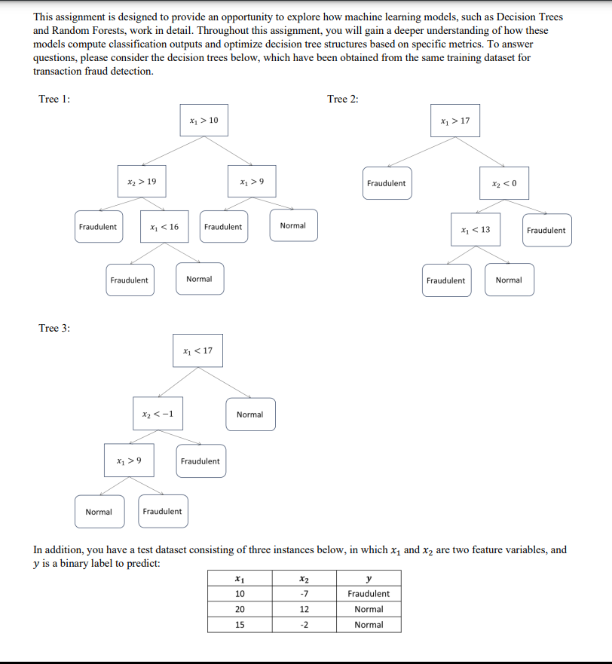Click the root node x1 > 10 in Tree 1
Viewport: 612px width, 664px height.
pyautogui.click(x=203, y=121)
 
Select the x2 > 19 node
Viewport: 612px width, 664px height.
pyautogui.click(x=142, y=182)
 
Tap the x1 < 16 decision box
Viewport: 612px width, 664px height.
pyautogui.click(x=164, y=227)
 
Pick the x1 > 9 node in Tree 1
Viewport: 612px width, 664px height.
pyautogui.click(x=251, y=182)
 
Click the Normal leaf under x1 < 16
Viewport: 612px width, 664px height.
pyautogui.click(x=199, y=280)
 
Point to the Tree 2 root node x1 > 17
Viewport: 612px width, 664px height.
pyautogui.click(x=454, y=121)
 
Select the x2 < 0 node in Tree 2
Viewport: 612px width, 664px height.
pyautogui.click(x=504, y=184)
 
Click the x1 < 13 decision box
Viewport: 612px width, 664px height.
pyautogui.click(x=475, y=230)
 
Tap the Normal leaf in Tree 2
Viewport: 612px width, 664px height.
pyautogui.click(x=509, y=280)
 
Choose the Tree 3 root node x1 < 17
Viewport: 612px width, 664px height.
pyautogui.click(x=197, y=350)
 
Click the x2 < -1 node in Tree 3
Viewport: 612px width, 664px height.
pyautogui.click(x=158, y=414)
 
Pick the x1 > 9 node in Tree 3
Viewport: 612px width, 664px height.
pyautogui.click(x=129, y=461)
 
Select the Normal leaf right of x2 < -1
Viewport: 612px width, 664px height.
pyautogui.click(x=249, y=415)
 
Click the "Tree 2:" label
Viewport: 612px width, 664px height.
pyautogui.click(x=343, y=99)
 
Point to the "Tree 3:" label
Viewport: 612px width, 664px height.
pyautogui.click(x=54, y=328)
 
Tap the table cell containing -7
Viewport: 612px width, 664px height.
pyautogui.click(x=304, y=594)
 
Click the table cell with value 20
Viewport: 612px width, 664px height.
pyautogui.click(x=240, y=609)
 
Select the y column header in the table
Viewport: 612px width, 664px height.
pyautogui.click(x=369, y=578)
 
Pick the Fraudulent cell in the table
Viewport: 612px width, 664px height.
pyautogui.click(x=369, y=594)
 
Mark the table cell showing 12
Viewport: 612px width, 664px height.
pyautogui.click(x=304, y=609)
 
